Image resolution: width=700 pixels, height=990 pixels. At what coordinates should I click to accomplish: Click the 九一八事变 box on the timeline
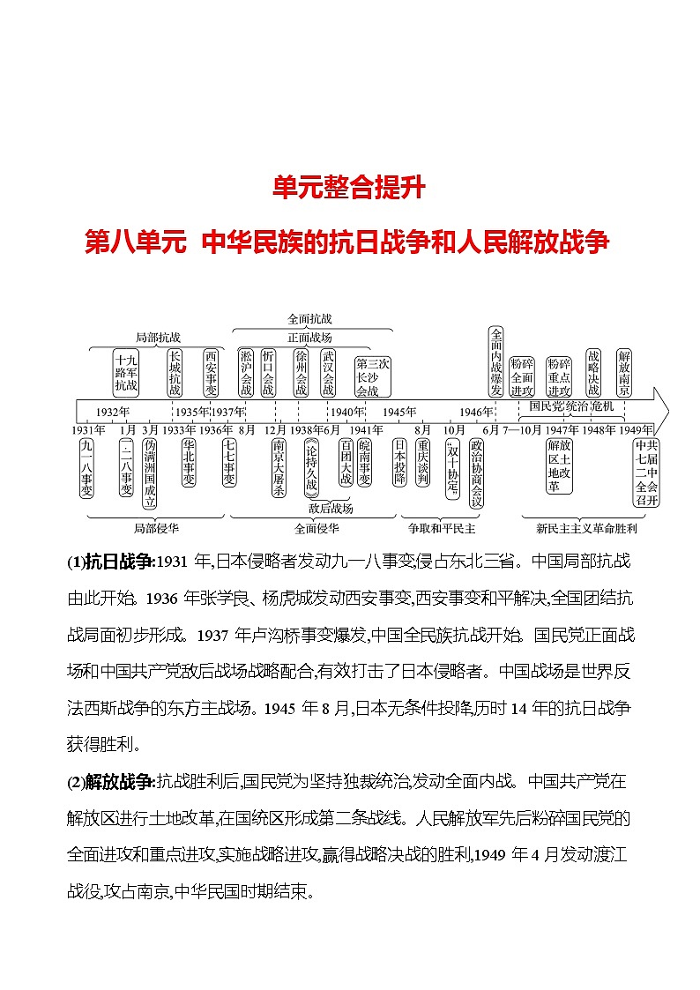(x=86, y=469)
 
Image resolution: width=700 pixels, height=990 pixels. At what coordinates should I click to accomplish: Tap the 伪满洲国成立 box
(x=150, y=473)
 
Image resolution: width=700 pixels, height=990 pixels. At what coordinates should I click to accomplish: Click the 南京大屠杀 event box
(x=279, y=469)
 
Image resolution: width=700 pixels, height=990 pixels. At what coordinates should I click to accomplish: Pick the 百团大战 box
(x=345, y=463)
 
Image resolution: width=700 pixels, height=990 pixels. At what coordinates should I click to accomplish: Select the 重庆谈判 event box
(x=423, y=463)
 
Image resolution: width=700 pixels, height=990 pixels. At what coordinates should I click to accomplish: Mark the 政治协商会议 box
(x=477, y=473)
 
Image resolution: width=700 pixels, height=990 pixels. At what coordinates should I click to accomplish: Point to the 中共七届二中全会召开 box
(x=646, y=473)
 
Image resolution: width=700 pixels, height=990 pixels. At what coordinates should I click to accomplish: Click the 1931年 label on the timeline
(x=88, y=429)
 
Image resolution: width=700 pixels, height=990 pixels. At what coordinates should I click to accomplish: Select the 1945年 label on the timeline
(x=399, y=412)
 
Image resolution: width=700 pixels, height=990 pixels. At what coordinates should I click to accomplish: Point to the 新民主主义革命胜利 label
(x=585, y=529)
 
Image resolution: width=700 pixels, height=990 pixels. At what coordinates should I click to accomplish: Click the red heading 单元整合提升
(x=349, y=188)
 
